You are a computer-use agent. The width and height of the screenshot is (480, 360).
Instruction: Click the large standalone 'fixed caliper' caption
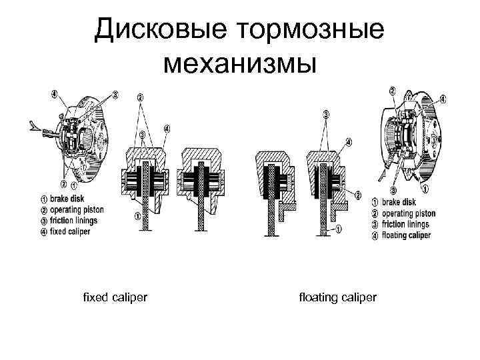(115, 295)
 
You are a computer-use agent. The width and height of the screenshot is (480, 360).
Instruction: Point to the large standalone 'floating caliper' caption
(338, 295)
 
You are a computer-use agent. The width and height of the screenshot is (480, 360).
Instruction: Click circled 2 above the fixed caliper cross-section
(140, 97)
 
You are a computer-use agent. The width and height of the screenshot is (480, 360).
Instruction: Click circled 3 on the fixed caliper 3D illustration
(115, 95)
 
